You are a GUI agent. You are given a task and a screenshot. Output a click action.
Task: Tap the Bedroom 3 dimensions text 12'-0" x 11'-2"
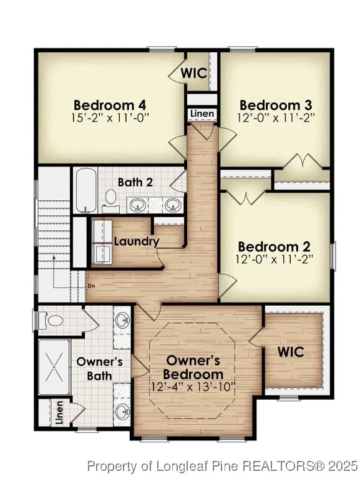276,116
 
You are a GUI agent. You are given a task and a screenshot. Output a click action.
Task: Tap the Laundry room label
137,241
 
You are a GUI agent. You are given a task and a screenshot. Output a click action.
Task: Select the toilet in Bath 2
111,198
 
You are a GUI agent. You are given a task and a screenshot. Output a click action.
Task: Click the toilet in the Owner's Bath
54,321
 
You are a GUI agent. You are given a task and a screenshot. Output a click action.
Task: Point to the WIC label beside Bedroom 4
194,72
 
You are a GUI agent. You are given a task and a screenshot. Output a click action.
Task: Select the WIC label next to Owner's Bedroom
291,352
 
